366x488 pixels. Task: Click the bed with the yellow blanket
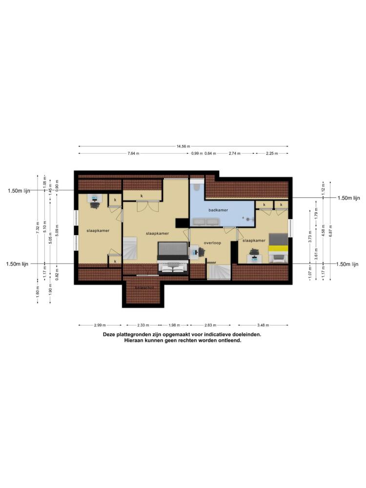278,248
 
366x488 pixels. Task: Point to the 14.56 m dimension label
183,146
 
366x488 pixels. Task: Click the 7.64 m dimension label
133,153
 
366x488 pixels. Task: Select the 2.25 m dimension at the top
271,153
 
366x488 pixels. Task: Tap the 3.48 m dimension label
263,325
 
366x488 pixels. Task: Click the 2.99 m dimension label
100,325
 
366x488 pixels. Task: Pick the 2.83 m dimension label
210,325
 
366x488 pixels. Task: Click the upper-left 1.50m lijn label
19,191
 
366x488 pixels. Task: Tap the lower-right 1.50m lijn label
348,264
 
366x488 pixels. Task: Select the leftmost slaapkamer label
98,230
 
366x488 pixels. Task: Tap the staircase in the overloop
218,272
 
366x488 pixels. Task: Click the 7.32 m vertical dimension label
38,227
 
